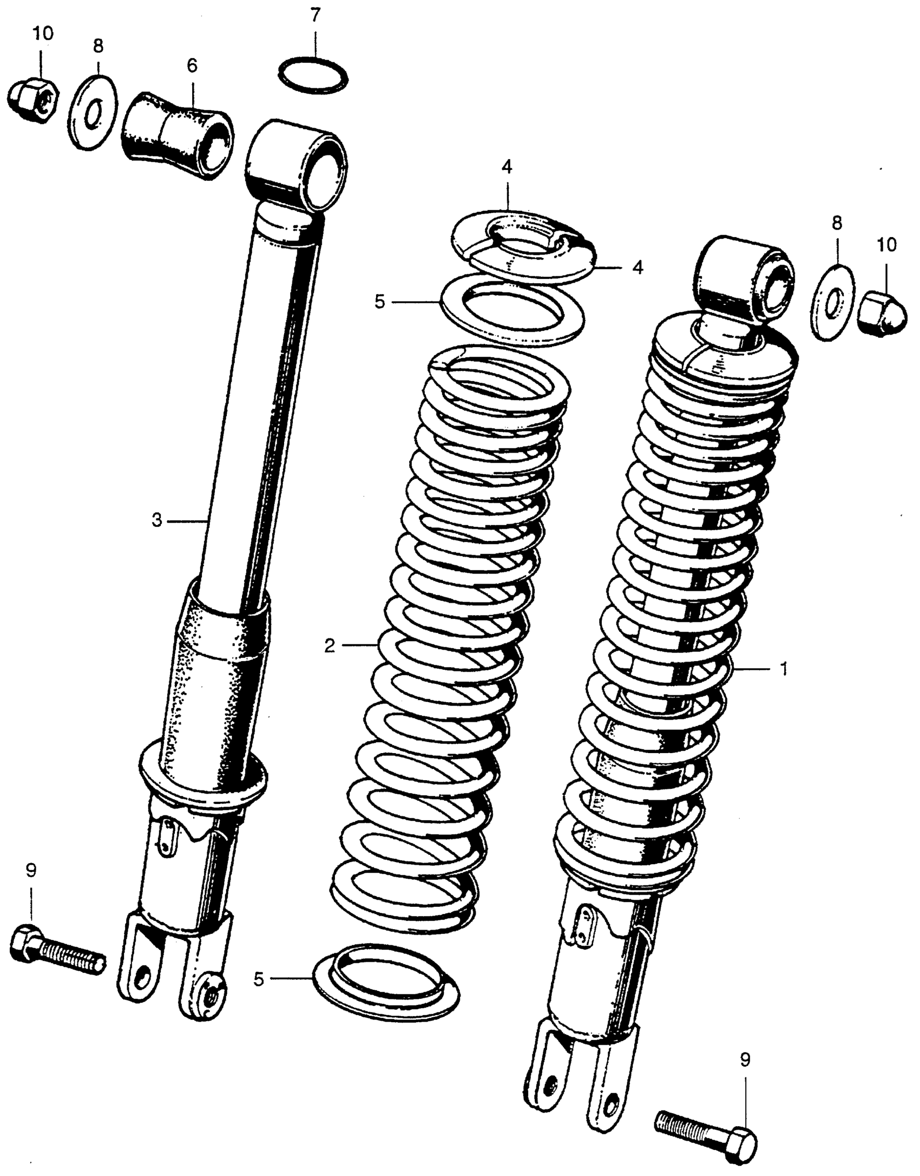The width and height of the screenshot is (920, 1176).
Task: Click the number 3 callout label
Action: [156, 521]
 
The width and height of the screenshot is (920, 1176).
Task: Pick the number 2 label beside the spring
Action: [330, 645]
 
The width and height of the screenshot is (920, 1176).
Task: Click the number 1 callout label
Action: [783, 669]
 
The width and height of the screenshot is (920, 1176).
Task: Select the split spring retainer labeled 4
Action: [522, 246]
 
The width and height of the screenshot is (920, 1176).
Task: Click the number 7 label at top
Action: [315, 15]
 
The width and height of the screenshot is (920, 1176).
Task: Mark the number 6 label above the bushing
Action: [192, 66]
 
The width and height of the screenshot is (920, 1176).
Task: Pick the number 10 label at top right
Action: [886, 245]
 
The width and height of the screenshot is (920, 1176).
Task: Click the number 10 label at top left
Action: [43, 34]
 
